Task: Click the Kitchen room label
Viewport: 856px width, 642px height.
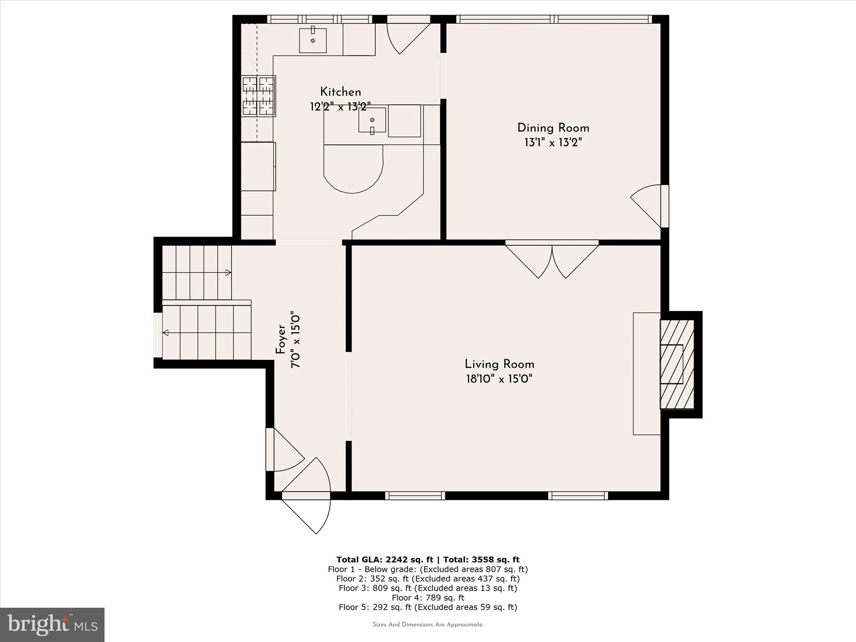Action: click(340, 92)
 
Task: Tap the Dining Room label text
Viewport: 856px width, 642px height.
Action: click(553, 128)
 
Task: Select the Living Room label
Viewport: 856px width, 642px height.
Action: click(499, 364)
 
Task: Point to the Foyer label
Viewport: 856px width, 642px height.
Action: click(280, 339)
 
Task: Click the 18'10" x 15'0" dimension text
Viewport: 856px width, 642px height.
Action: click(499, 379)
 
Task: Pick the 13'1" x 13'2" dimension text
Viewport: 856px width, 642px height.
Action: click(553, 143)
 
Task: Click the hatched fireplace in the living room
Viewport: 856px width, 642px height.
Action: click(677, 364)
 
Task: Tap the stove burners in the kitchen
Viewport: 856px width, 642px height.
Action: click(259, 96)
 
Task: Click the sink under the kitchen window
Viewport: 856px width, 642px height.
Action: click(313, 40)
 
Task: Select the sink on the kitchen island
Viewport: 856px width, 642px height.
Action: click(372, 120)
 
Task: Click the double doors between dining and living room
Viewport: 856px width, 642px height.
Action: click(552, 260)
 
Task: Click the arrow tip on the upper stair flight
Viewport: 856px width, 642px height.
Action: click(228, 273)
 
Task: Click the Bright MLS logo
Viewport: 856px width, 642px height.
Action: click(52, 624)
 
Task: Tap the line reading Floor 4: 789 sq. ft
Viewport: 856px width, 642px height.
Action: click(428, 598)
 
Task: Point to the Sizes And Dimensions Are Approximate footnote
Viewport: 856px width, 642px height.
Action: click(428, 624)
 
